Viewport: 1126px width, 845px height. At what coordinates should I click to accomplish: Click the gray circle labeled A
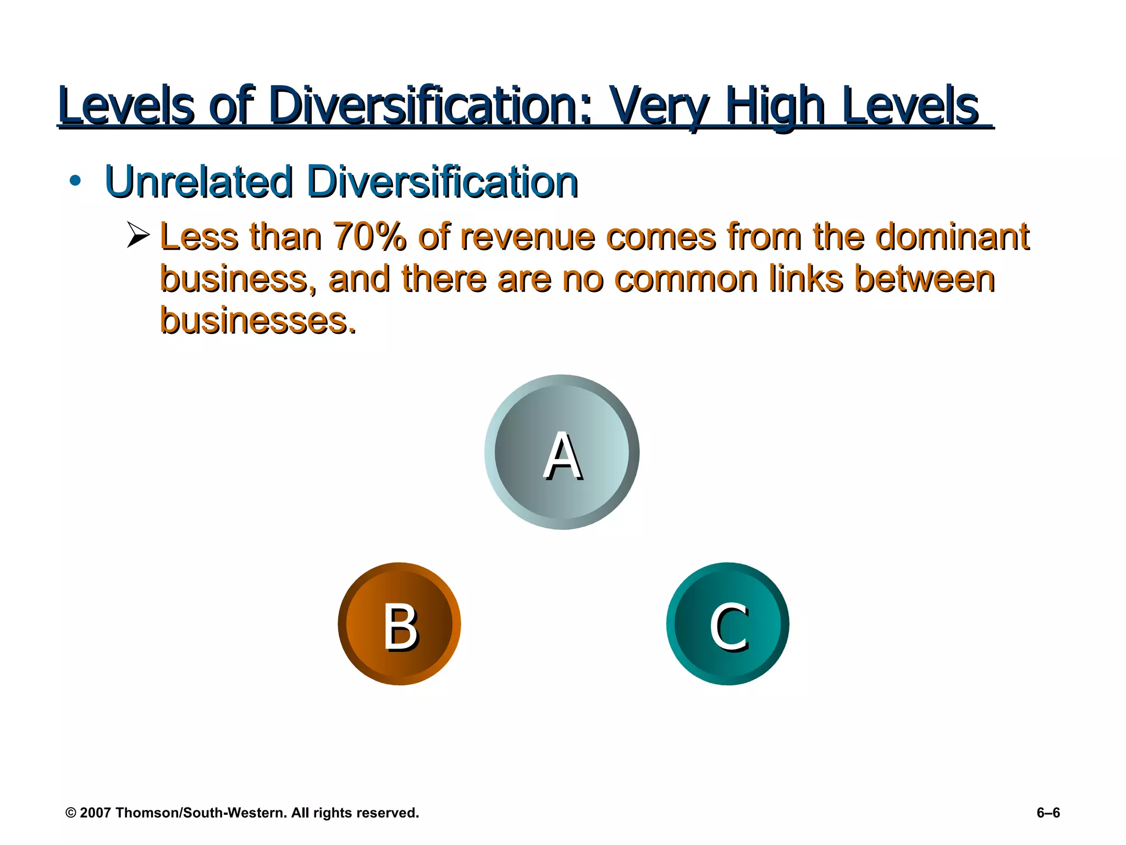562,452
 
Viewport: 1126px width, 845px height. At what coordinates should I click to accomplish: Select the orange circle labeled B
399,624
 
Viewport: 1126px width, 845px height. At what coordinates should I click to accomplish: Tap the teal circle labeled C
728,624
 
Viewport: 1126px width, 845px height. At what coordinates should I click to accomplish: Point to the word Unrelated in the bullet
198,182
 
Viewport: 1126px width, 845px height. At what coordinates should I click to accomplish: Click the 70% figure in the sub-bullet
369,237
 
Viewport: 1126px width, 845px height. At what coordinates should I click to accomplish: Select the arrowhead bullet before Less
138,235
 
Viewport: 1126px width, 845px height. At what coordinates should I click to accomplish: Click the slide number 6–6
1048,813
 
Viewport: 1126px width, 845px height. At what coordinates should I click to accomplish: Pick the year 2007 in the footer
95,813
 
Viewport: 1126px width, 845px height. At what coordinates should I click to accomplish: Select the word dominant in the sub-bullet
952,237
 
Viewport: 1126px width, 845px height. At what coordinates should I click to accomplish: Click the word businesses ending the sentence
257,321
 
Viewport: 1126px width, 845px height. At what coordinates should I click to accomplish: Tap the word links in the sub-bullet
805,279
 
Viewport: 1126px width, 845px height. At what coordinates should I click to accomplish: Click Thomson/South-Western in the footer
201,813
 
